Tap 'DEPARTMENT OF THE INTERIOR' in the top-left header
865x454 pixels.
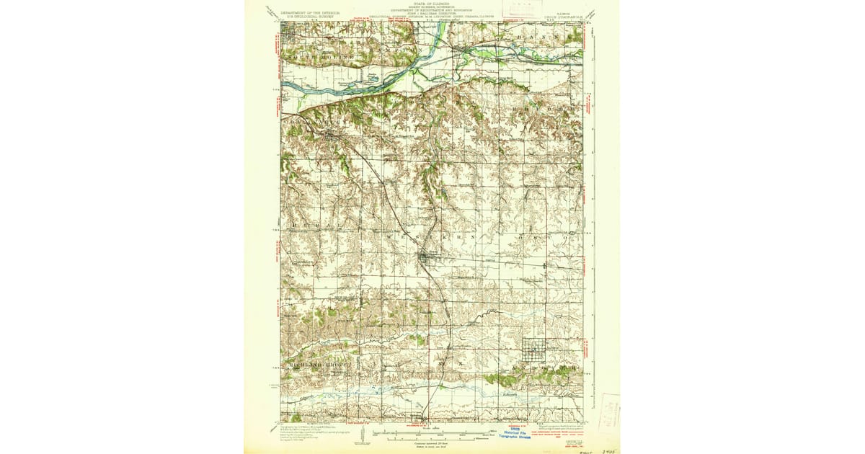310,12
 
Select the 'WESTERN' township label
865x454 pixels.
432,236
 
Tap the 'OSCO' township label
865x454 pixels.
548,236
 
